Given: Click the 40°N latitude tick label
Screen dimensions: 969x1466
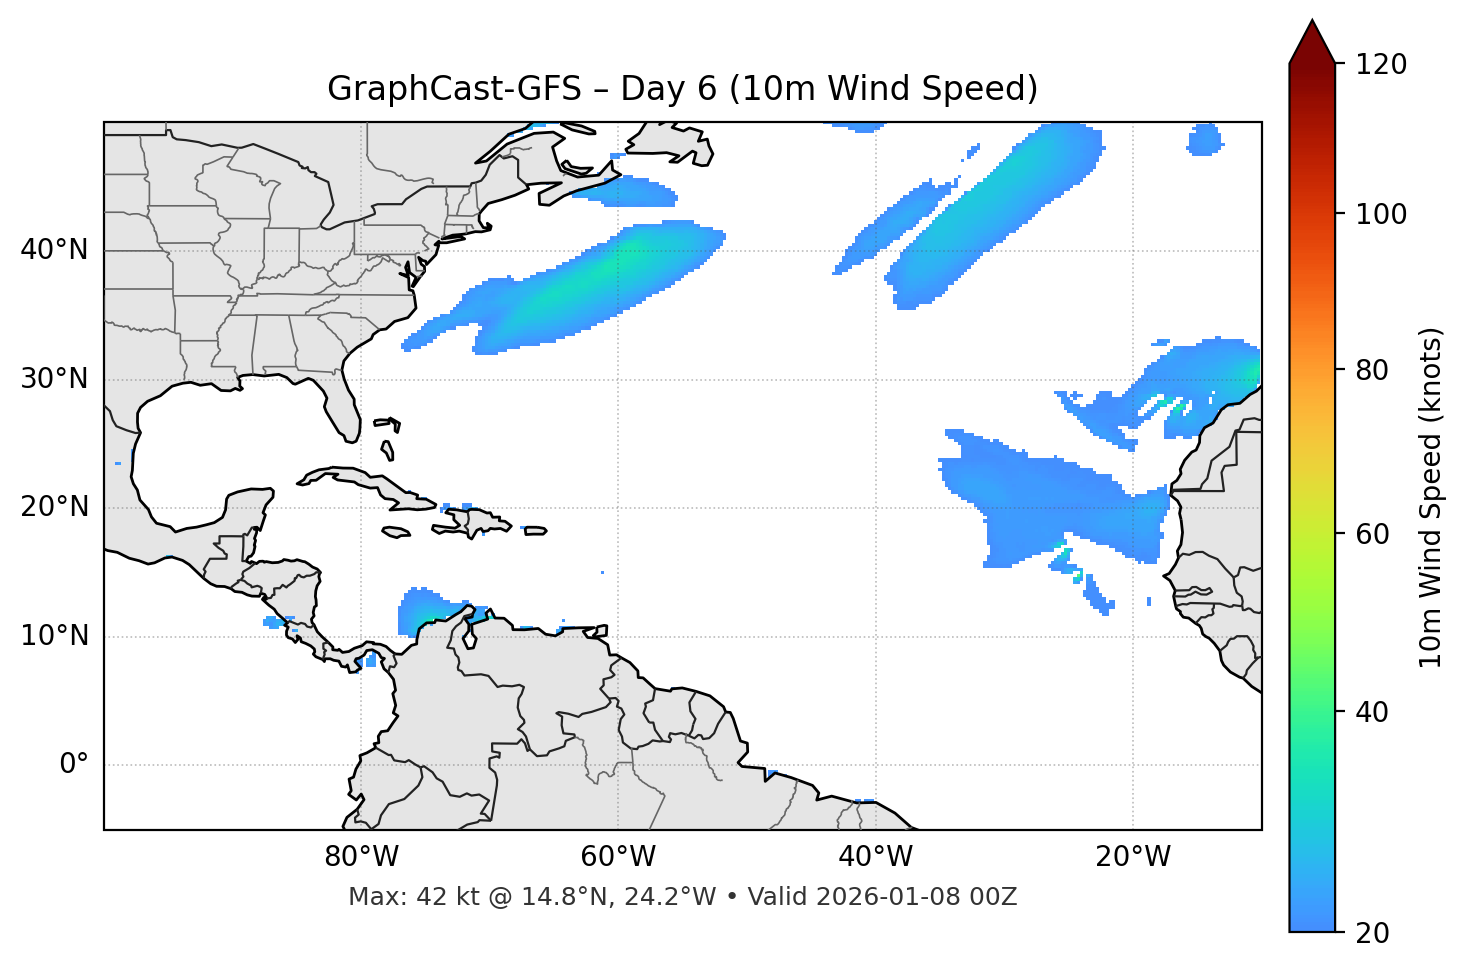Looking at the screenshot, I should coord(54,250).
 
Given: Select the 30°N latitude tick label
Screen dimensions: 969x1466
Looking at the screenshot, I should coord(54,379).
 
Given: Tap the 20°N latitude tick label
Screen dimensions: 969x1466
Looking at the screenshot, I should coord(54,507).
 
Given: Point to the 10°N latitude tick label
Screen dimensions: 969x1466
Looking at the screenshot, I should coord(54,636).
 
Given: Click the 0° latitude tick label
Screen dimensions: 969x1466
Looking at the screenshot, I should coord(73,765).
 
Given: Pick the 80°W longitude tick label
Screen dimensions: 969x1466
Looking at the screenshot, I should coord(361,857).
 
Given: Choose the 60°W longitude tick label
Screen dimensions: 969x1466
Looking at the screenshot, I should coord(618,857).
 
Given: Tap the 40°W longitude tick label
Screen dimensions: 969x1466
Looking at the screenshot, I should coord(875,857).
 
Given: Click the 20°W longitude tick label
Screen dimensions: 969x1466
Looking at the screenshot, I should coord(1133,857).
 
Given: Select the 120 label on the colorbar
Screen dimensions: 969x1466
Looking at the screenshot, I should coord(1380,65).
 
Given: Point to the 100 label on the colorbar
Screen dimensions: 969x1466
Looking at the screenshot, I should coord(1380,214).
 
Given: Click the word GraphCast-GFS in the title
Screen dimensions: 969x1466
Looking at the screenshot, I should coord(454,89).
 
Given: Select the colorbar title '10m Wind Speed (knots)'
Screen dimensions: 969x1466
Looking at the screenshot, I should coord(1431,497).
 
